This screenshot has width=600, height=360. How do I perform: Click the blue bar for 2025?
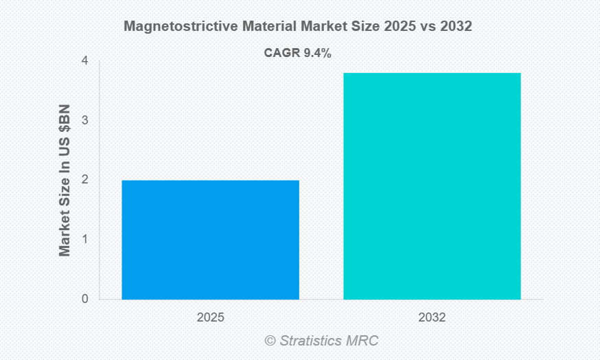tap(211, 240)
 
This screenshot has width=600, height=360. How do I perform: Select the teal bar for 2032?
tap(432, 186)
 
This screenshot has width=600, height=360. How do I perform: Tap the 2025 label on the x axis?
tap(210, 318)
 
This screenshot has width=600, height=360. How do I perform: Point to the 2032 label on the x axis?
tap(432, 318)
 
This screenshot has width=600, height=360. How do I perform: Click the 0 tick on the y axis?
tap(84, 299)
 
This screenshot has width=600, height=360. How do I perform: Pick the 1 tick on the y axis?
tap(84, 240)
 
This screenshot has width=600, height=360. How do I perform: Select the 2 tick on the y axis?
tap(84, 180)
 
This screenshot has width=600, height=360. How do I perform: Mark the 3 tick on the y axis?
tap(84, 120)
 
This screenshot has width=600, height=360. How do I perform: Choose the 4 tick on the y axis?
tap(84, 61)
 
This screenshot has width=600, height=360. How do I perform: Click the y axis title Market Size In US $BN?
tap(65, 180)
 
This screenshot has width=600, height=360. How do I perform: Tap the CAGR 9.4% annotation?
tap(298, 53)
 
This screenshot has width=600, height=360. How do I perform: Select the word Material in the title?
tap(265, 27)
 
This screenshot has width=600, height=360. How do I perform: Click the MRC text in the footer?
tap(363, 341)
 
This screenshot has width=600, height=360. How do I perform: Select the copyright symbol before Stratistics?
tap(270, 341)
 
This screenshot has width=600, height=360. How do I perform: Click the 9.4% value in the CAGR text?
tap(317, 53)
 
